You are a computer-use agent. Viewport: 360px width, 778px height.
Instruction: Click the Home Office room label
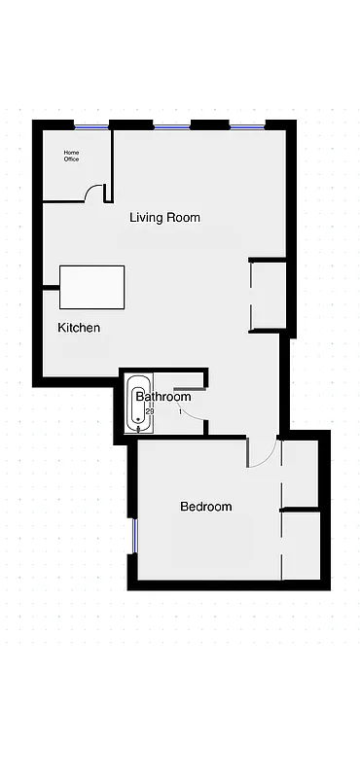71,156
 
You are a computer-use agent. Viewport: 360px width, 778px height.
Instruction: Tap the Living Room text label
164,218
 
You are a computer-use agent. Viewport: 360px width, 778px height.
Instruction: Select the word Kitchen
79,328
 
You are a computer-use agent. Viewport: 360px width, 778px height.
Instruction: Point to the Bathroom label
163,397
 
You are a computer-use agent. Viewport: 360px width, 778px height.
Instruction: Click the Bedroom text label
206,507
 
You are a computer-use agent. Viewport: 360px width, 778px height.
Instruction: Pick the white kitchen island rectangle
92,287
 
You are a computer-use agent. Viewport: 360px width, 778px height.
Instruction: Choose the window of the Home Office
91,125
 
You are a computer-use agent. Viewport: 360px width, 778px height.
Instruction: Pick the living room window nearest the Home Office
171,125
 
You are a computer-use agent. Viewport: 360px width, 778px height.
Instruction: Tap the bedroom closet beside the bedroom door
300,474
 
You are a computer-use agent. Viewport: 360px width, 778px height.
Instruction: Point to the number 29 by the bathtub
150,411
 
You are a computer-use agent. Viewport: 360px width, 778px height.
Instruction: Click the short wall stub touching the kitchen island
50,287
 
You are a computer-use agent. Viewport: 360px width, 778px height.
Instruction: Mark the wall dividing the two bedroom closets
300,509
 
